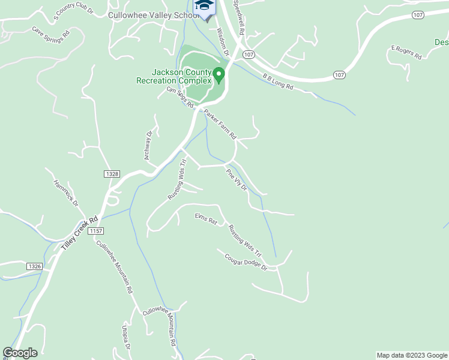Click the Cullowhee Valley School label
(x=151, y=15)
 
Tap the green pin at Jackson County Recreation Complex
(x=219, y=74)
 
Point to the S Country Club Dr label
(x=74, y=13)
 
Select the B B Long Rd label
(x=277, y=82)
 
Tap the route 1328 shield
(x=111, y=173)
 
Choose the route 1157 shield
(x=95, y=231)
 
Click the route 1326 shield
(x=35, y=265)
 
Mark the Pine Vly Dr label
(x=237, y=179)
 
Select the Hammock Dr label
(x=66, y=193)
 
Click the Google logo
(x=20, y=353)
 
